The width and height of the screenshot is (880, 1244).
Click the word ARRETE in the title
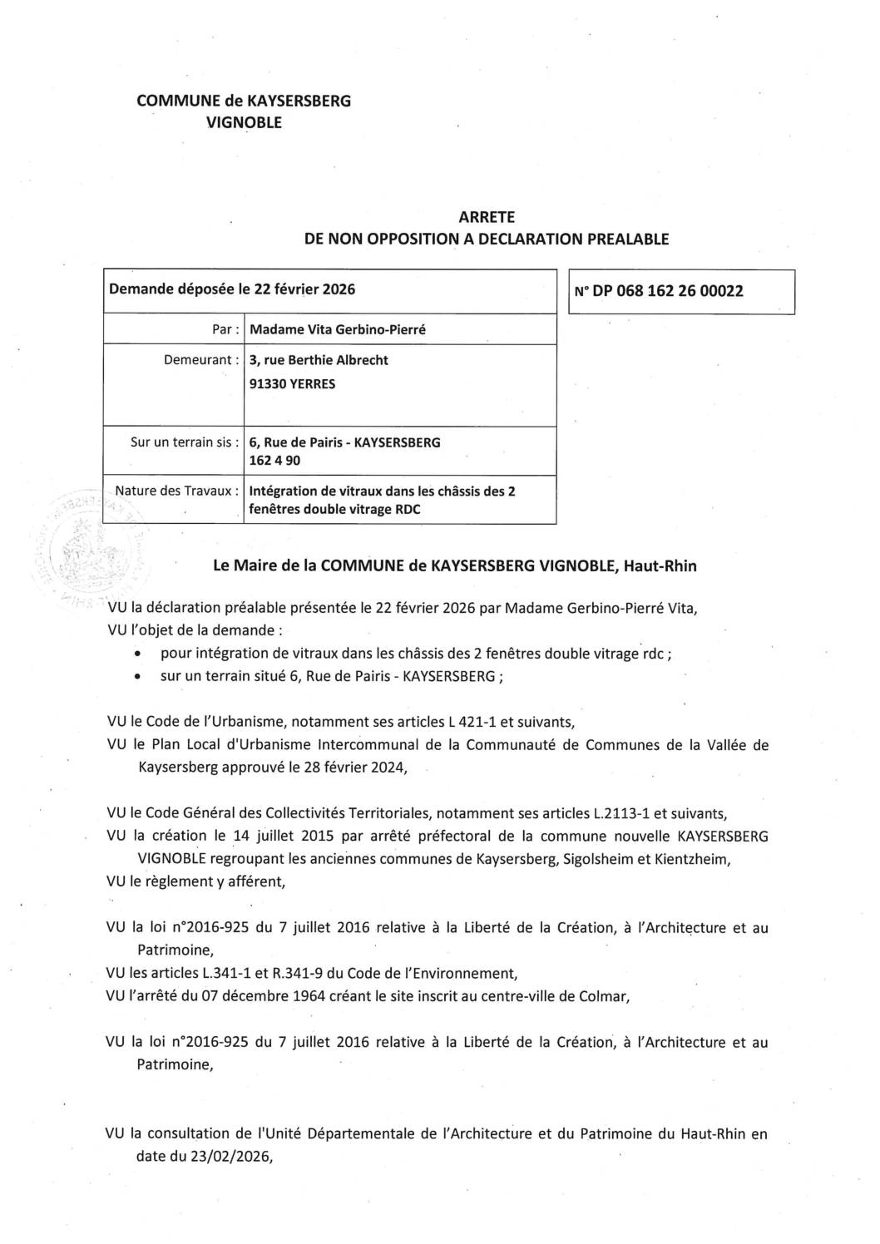click(487, 217)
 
